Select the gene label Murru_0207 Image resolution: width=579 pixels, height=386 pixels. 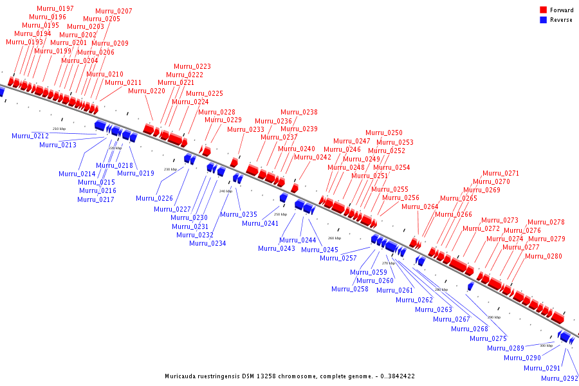pos(114,12)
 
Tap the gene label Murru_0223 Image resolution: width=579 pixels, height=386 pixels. pos(192,66)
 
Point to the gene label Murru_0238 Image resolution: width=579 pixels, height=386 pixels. pos(299,112)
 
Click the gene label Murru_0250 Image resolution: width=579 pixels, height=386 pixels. pos(384,133)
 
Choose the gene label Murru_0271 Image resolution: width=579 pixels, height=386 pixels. pos(501,174)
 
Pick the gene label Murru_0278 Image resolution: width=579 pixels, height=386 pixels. pos(546,223)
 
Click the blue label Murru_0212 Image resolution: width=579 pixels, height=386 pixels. pos(30,136)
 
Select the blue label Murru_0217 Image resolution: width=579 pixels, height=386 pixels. pos(96,199)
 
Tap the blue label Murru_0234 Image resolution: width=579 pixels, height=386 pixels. pos(208,243)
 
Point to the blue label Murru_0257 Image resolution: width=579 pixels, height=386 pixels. pos(338,258)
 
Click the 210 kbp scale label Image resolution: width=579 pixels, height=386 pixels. pos(59,129)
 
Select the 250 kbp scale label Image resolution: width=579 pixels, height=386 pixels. pos(280,214)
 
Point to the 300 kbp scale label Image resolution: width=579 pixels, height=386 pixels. pos(546,345)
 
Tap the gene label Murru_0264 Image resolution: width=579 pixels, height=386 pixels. pos(420,207)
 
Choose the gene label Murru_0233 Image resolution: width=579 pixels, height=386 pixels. pos(246,129)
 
